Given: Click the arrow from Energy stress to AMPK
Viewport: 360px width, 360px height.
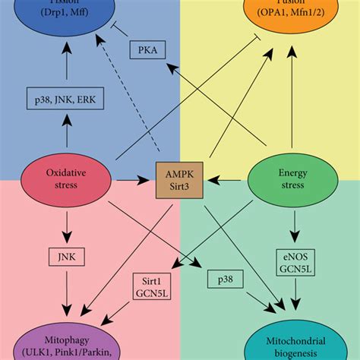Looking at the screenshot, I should (228, 180).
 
